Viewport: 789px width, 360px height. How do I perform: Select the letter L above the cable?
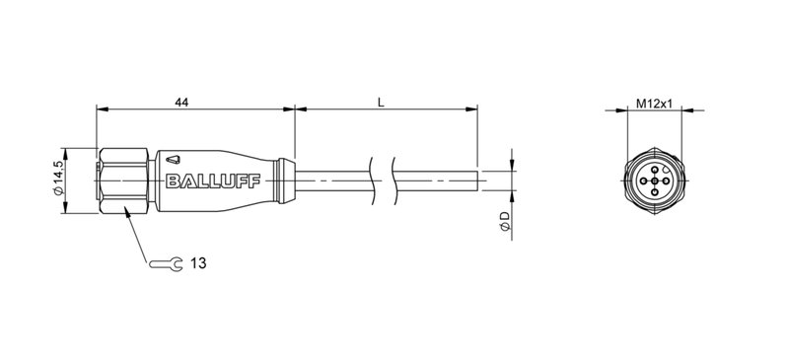[381, 100]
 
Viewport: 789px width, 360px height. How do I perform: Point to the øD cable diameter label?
[504, 222]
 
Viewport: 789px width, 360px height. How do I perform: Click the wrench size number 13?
[198, 263]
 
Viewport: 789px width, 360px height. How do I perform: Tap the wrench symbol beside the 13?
[166, 263]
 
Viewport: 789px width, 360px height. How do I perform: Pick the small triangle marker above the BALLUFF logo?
[174, 158]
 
